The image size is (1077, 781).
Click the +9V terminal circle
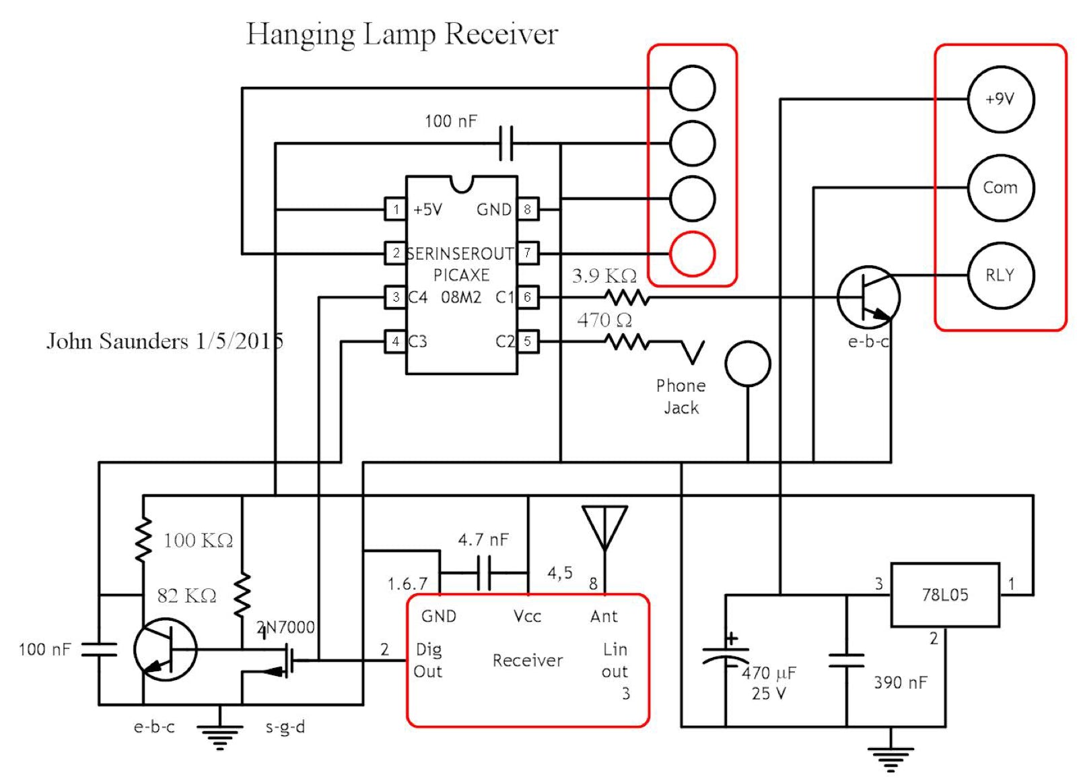click(1000, 99)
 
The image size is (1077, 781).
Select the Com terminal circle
click(1000, 187)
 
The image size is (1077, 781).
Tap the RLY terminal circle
click(1000, 275)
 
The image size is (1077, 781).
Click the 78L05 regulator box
click(945, 595)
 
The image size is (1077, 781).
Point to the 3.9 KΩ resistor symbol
click(627, 297)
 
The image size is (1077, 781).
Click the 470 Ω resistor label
click(604, 320)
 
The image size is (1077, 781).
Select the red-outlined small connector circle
click(692, 254)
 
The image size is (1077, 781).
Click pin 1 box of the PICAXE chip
click(395, 209)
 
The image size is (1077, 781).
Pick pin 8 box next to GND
click(528, 209)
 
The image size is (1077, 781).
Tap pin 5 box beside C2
click(528, 341)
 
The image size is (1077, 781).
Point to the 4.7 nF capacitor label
click(483, 539)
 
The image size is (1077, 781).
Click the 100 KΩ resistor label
click(198, 541)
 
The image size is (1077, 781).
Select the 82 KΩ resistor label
click(186, 596)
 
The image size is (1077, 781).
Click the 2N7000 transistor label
click(286, 627)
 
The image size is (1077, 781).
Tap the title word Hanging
click(300, 34)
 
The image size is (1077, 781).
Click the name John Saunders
click(117, 341)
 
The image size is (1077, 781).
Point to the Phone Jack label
click(681, 397)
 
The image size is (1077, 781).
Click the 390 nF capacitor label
click(900, 683)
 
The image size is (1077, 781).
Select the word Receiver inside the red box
click(527, 660)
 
